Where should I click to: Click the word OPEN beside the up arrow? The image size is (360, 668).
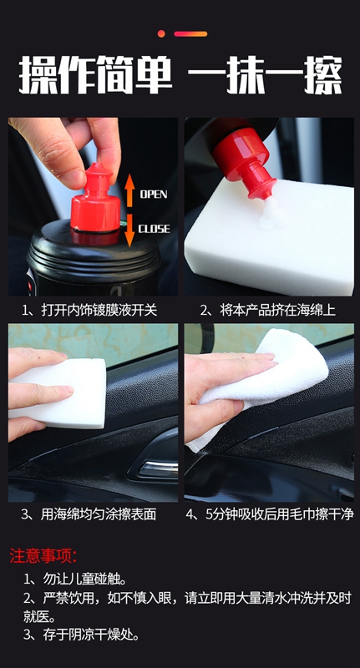click(154, 195)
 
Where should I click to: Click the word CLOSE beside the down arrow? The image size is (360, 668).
click(154, 229)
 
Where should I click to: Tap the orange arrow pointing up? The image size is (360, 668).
click(130, 190)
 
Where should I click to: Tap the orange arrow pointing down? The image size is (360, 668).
click(130, 230)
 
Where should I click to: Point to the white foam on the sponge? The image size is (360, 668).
click(273, 214)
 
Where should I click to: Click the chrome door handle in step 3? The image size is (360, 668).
click(159, 468)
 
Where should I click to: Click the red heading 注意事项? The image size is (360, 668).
click(43, 555)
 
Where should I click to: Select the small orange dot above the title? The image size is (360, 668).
click(161, 33)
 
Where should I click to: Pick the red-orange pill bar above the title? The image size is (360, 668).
click(190, 33)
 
